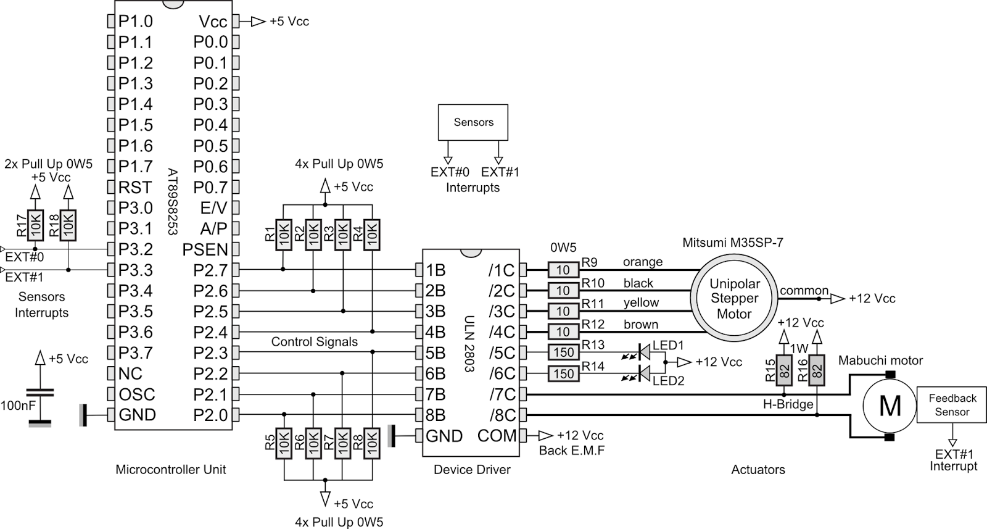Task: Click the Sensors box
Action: point(473,122)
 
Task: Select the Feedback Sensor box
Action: point(952,405)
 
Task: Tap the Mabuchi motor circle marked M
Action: point(890,406)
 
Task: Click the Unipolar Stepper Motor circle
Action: point(734,299)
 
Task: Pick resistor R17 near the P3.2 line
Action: point(36,226)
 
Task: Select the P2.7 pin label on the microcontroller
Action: point(210,270)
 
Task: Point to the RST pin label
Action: point(135,187)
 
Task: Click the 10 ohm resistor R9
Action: point(563,270)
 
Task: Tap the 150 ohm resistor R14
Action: point(563,373)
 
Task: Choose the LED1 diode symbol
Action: point(644,352)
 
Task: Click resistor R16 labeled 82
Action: point(817,371)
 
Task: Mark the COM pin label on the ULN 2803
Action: point(497,436)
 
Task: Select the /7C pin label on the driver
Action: point(502,394)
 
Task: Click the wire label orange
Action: point(642,262)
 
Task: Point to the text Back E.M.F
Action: point(571,451)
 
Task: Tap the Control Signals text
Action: point(314,342)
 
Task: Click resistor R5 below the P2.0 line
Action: point(284,443)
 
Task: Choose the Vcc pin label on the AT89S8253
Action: point(213,22)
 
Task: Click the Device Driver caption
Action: point(472,470)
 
